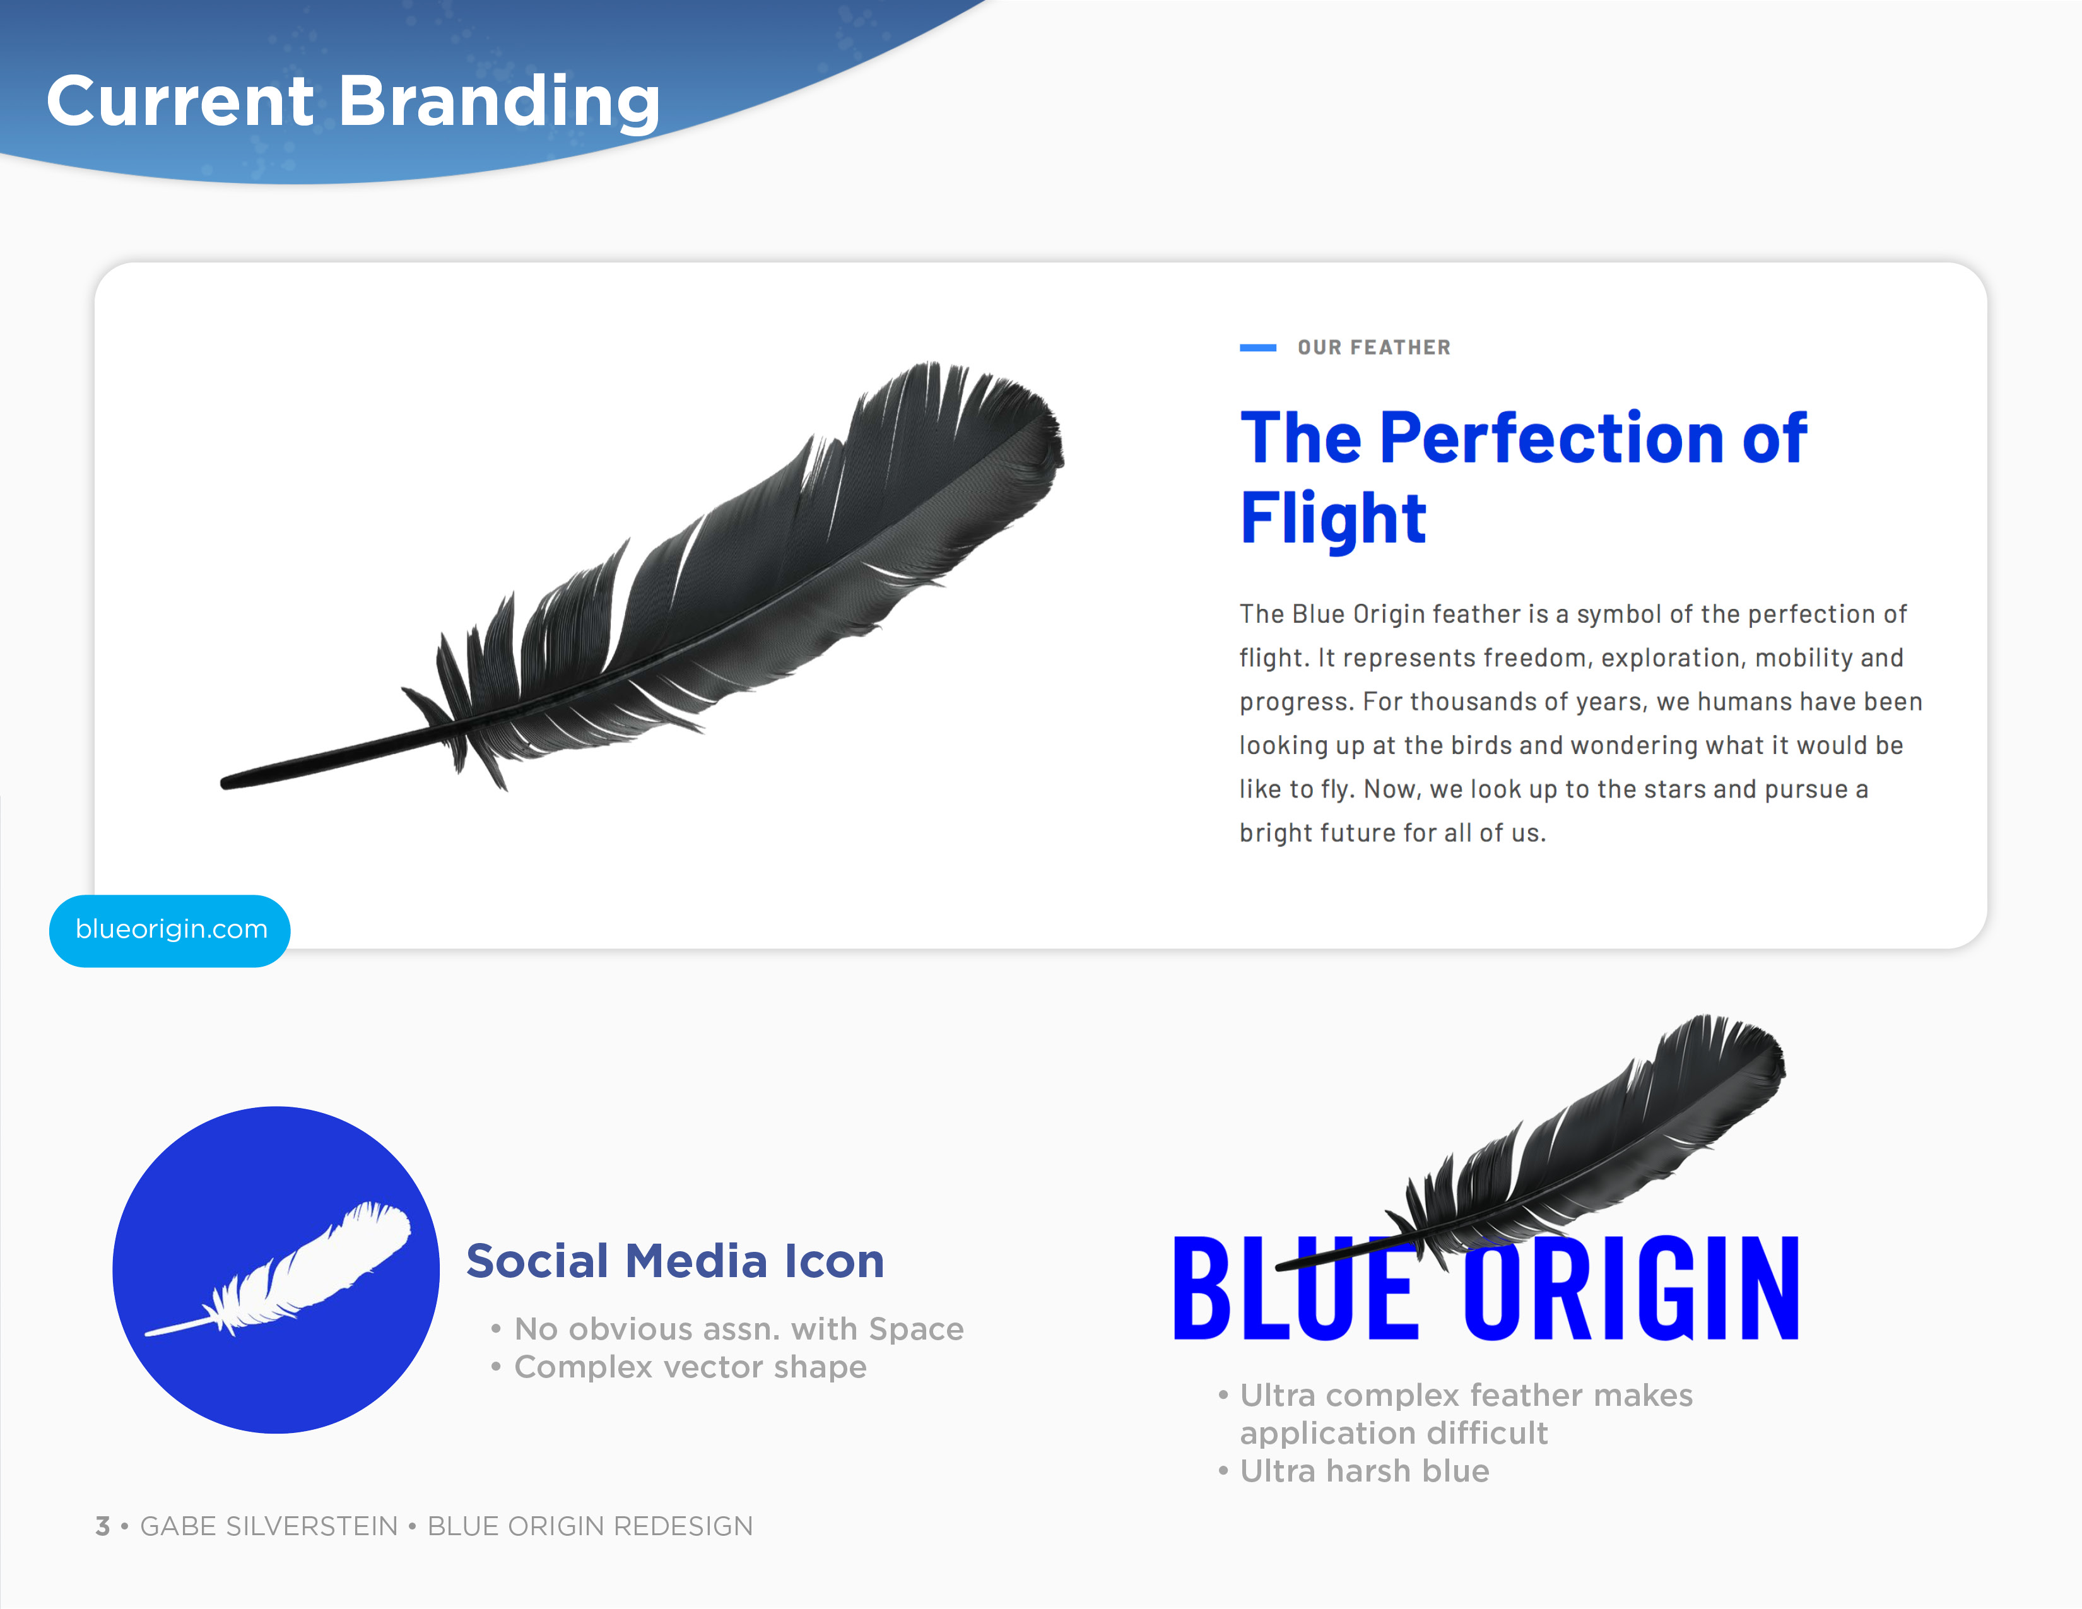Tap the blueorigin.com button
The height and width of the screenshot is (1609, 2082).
coord(170,929)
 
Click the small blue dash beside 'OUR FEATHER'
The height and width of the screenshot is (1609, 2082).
coord(1257,348)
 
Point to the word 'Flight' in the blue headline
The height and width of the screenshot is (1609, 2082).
coord(1332,519)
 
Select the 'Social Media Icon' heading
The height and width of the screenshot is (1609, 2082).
coord(675,1261)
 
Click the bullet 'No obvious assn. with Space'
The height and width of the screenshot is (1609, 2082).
coord(738,1329)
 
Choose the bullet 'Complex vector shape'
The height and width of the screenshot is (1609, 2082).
coord(690,1367)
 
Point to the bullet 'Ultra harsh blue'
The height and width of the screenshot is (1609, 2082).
coord(1364,1471)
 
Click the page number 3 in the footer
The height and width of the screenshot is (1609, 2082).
coord(103,1526)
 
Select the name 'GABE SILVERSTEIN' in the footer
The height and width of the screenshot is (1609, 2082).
coord(269,1526)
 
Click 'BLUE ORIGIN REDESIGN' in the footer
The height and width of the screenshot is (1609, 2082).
coord(590,1526)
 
